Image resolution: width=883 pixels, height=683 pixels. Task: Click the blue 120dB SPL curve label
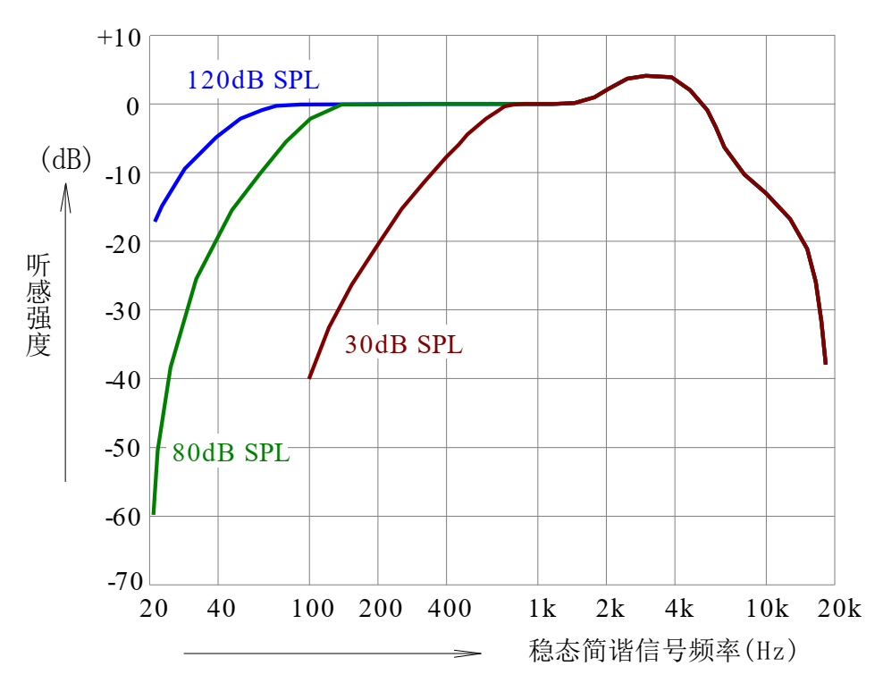point(253,80)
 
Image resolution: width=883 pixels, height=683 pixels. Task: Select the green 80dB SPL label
point(231,453)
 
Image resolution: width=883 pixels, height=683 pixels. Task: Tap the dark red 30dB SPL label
point(404,345)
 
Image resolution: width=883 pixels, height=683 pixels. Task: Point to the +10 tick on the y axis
point(119,38)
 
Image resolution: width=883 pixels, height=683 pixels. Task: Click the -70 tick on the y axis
point(124,584)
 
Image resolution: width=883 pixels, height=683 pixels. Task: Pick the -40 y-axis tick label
point(124,379)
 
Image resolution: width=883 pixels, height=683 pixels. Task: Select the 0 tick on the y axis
point(132,105)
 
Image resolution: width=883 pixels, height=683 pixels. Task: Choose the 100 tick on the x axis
point(309,610)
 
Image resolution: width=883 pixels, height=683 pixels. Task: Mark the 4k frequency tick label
point(679,610)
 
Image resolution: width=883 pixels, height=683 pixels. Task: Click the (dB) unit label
point(66,160)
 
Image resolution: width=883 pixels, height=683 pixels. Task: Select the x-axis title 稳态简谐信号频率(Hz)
point(662,650)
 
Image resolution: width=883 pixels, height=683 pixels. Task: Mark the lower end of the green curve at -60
point(154,513)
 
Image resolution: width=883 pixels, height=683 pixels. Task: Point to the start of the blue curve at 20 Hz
point(156,220)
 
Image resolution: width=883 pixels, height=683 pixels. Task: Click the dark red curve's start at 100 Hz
point(309,377)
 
